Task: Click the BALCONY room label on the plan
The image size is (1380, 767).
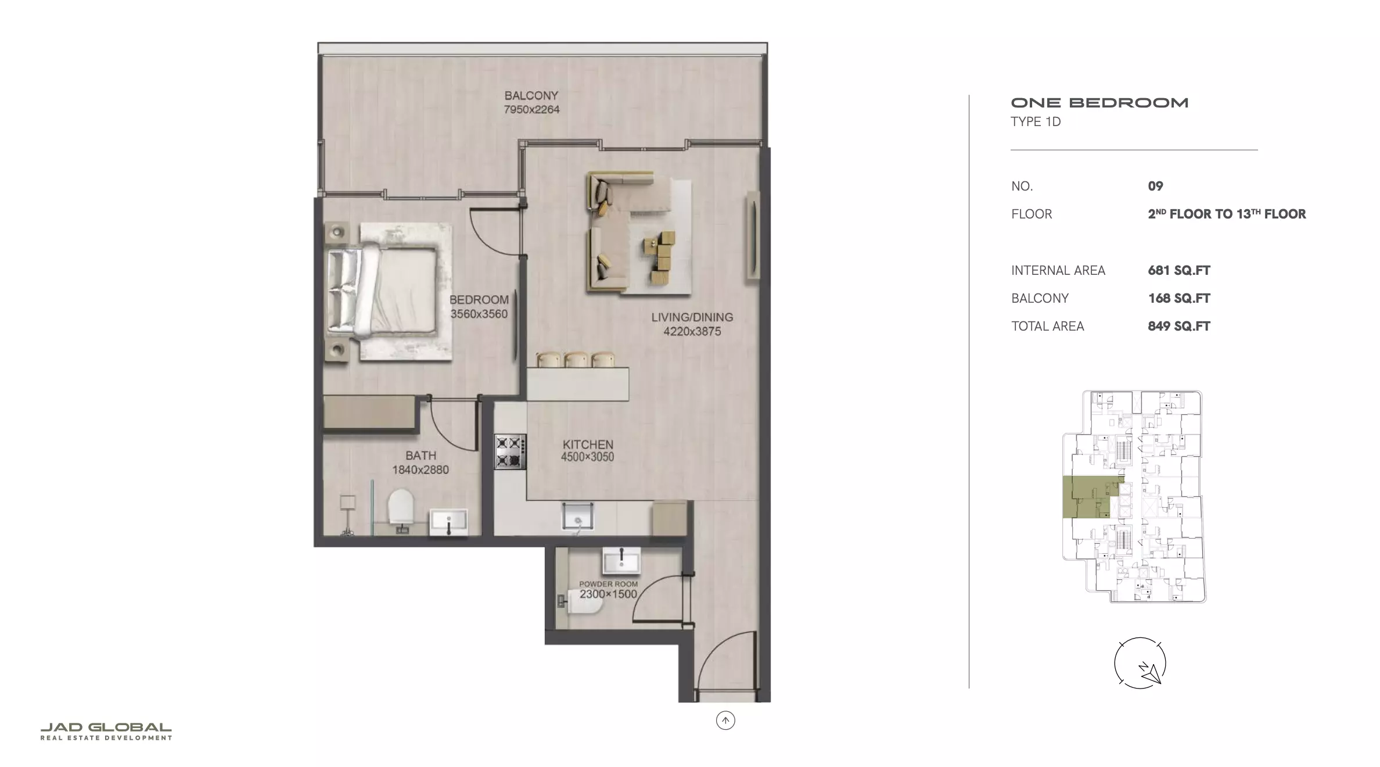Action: [531, 95]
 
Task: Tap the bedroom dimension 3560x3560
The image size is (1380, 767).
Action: [479, 314]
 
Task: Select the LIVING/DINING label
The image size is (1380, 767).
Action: [692, 317]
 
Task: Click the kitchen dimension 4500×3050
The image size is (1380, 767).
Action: [587, 457]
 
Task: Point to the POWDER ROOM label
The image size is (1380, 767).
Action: [608, 584]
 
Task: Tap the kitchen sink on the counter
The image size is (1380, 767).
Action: [577, 516]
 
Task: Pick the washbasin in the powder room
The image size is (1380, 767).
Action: [621, 560]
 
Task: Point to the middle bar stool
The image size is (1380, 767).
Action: [577, 360]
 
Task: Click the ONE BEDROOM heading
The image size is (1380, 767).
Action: [1099, 103]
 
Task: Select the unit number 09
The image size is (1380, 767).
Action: [1155, 186]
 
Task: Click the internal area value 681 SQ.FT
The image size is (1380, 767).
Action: [1178, 270]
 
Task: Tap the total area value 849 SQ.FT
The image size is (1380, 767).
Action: [1178, 326]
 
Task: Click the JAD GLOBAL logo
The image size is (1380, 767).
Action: [106, 732]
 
